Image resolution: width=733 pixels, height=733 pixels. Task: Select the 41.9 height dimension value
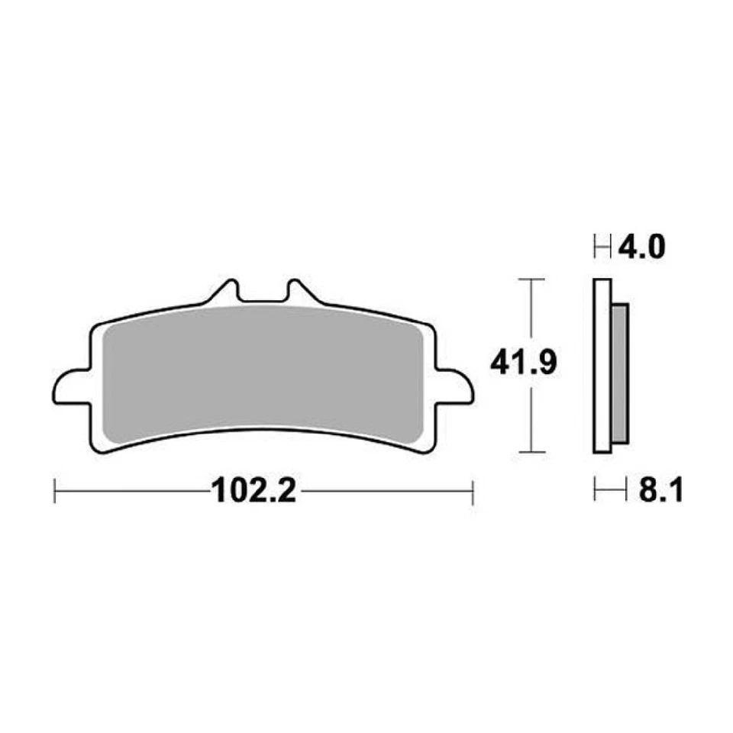pos(524,365)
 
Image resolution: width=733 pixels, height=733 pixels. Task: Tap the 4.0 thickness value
pos(644,247)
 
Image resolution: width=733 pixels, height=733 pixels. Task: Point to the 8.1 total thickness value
pos(660,490)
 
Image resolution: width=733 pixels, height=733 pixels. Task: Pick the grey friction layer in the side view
pos(620,373)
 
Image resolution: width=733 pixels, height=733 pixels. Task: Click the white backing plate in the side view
pos(602,366)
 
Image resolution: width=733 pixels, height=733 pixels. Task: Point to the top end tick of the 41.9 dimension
pos(531,280)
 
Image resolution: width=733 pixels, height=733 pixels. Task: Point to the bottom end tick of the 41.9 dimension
pos(531,452)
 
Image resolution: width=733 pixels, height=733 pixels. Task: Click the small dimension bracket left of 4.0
pos(603,247)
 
